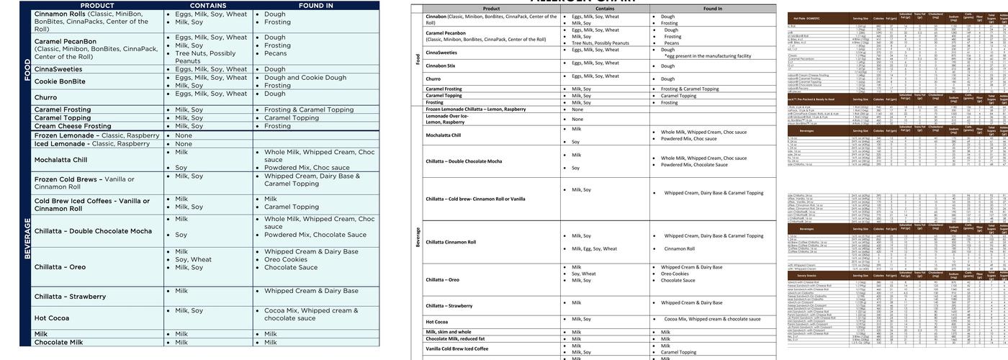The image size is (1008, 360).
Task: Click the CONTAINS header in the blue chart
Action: click(208, 5)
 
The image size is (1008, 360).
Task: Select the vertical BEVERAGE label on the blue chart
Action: click(27, 238)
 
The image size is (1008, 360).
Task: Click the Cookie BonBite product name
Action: click(60, 81)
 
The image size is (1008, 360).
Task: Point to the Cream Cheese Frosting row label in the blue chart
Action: click(73, 126)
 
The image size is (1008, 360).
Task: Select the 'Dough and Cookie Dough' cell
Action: click(305, 78)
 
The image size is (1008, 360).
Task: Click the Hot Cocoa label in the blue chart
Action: click(52, 318)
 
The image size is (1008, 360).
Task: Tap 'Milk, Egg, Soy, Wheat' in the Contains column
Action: click(594, 248)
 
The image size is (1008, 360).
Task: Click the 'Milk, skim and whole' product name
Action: click(449, 332)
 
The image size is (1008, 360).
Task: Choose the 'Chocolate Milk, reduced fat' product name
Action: click(455, 339)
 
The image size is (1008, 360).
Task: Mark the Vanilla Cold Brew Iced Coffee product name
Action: click(456, 348)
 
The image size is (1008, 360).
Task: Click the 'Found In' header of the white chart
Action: click(713, 9)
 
